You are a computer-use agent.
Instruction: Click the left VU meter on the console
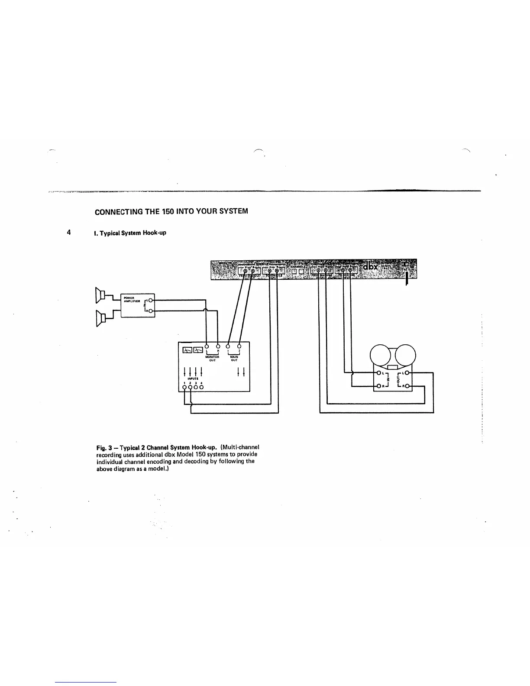(x=187, y=350)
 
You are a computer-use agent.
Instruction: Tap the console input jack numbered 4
(x=201, y=387)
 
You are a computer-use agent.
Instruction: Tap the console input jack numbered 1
(x=185, y=387)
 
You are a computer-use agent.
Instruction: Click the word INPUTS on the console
(x=193, y=378)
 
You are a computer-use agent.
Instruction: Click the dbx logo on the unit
(x=370, y=267)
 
